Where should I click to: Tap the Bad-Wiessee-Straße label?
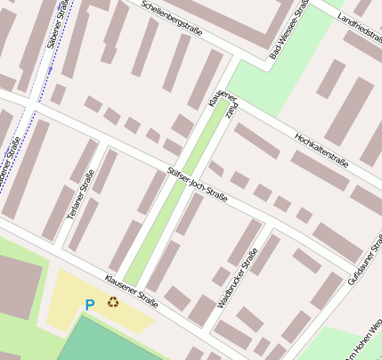[x=289, y=31]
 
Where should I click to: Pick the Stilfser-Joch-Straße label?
[x=198, y=184]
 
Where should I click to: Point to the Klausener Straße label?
[x=131, y=291]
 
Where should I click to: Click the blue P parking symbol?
[x=89, y=305]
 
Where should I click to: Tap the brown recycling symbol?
[x=113, y=302]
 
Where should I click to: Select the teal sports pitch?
[x=116, y=343]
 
